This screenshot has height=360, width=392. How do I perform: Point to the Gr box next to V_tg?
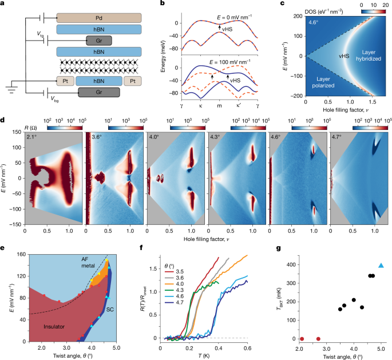[95, 40]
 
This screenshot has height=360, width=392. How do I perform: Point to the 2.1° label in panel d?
[33, 137]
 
